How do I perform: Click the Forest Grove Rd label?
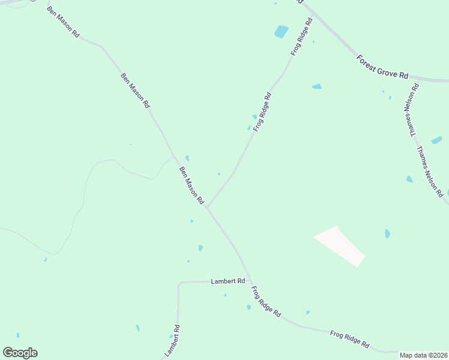coord(382,67)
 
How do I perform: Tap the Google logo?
coord(20,353)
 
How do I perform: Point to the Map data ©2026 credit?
coord(424,355)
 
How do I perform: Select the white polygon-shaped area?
coord(340,246)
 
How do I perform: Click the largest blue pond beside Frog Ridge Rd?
coord(281,31)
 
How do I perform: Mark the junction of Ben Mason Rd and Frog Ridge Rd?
coord(207,208)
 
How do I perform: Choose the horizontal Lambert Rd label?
coord(228,281)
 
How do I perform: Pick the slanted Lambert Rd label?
coord(172,340)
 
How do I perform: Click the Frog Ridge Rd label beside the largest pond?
coord(301,37)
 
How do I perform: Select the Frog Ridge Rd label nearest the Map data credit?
coord(349,340)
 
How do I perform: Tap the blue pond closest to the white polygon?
coord(387,233)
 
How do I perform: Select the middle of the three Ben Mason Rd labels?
coord(135,90)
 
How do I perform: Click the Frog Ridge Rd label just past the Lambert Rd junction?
coord(266,302)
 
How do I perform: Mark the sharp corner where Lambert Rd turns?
coord(179,283)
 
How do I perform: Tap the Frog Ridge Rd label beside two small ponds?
coord(262,112)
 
